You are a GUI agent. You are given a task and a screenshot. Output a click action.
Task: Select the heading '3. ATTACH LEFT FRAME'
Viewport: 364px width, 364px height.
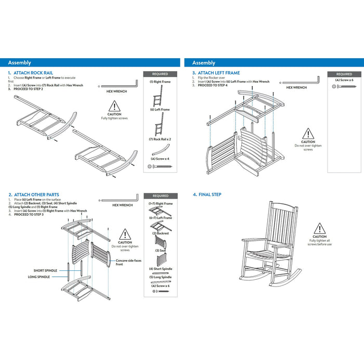tap(216, 73)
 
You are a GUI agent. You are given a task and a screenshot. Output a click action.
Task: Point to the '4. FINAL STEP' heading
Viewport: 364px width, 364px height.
tap(207, 194)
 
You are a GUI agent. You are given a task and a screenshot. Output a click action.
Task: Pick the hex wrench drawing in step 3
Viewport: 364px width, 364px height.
tap(301, 81)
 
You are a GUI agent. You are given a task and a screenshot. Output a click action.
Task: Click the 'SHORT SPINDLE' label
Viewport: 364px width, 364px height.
tap(45, 271)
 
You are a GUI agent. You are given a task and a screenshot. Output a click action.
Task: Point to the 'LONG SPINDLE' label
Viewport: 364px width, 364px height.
tap(40, 277)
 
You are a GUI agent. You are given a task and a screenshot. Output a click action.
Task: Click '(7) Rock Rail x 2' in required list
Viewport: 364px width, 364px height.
tap(160, 139)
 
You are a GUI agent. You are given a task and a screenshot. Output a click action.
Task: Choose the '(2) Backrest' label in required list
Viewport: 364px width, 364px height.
tap(161, 233)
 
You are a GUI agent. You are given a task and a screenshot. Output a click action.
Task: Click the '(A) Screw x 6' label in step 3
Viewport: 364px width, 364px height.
tap(344, 80)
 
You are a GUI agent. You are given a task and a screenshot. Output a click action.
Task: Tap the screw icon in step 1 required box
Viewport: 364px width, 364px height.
tap(159, 165)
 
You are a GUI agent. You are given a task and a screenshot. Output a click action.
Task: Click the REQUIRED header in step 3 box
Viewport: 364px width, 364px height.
tap(344, 74)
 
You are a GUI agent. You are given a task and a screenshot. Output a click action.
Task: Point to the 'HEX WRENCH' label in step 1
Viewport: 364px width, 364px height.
tap(116, 91)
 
